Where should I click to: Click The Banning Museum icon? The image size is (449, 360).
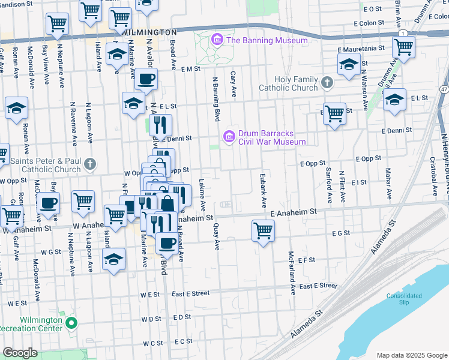tap(217, 41)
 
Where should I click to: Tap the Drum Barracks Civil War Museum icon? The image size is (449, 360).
tap(228, 137)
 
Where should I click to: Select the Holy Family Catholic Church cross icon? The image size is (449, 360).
tap(327, 82)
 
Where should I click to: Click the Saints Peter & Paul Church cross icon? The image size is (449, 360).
tap(90, 163)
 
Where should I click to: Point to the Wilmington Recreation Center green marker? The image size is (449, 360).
tap(71, 324)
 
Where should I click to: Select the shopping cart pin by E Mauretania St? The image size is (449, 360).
tap(403, 46)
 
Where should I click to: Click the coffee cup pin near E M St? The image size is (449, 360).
tap(145, 79)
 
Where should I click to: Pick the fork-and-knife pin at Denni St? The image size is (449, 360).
tap(160, 125)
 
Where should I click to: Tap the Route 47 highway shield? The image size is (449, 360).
tap(443, 89)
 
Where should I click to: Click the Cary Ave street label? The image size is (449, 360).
tap(233, 83)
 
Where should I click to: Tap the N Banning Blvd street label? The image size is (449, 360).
tap(214, 97)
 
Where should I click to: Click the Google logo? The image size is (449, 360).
tap(20, 353)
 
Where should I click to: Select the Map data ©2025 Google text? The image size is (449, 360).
tap(411, 355)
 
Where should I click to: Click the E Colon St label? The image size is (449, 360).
tap(368, 23)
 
